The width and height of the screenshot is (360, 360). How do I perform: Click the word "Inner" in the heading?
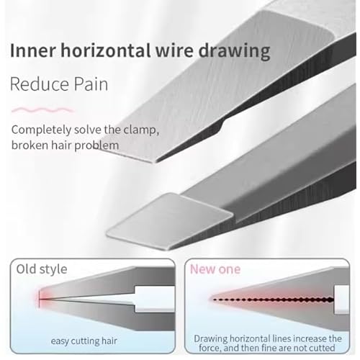(x=33, y=50)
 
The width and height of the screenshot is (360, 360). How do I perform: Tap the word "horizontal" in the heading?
(x=106, y=50)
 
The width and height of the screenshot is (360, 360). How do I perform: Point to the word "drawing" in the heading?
(x=235, y=51)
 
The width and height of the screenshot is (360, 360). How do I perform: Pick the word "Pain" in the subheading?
(x=91, y=84)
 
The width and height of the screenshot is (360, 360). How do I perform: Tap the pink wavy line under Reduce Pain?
(x=42, y=110)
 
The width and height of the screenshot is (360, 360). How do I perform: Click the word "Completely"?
(x=41, y=130)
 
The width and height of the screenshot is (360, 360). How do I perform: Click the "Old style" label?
(x=42, y=269)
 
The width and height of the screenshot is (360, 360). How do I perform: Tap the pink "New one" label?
(x=215, y=269)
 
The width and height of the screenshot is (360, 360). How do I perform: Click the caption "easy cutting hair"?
(x=84, y=341)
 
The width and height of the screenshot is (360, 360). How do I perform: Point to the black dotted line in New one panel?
(x=273, y=300)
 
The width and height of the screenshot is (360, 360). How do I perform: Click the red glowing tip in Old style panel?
(x=39, y=299)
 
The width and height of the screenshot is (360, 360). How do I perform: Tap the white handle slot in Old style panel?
(x=154, y=299)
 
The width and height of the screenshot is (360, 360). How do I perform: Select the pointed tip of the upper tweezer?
(x=153, y=161)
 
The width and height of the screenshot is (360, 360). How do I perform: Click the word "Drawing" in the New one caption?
(x=211, y=339)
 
